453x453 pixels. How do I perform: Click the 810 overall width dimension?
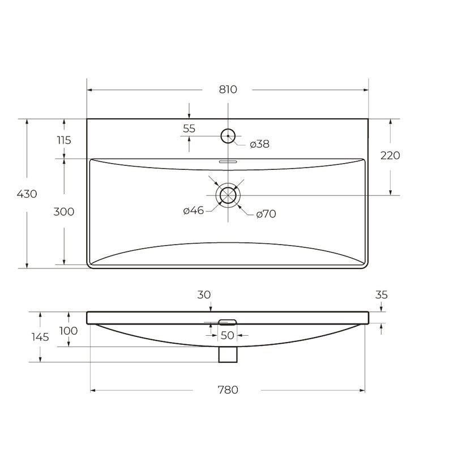click(228, 89)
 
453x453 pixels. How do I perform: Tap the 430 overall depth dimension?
click(27, 194)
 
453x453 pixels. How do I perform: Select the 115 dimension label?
click(64, 140)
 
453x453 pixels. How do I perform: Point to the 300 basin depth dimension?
click(64, 212)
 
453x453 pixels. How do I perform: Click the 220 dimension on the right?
click(390, 155)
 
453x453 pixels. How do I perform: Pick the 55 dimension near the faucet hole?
click(189, 129)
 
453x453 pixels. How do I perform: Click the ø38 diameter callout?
click(259, 144)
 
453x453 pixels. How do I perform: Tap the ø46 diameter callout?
click(193, 210)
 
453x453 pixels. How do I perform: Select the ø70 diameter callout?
click(266, 214)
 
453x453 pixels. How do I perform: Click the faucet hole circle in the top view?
click(228, 130)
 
